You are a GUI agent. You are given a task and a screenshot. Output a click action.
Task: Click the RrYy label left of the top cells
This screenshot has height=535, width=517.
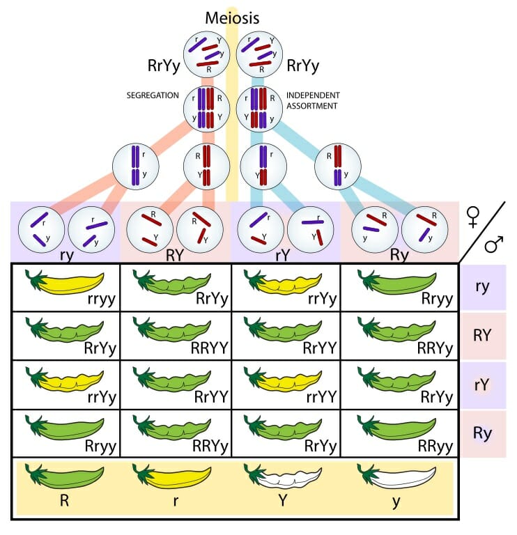(x=160, y=66)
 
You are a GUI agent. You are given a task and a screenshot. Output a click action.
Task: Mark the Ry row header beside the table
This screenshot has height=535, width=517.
(x=482, y=433)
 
